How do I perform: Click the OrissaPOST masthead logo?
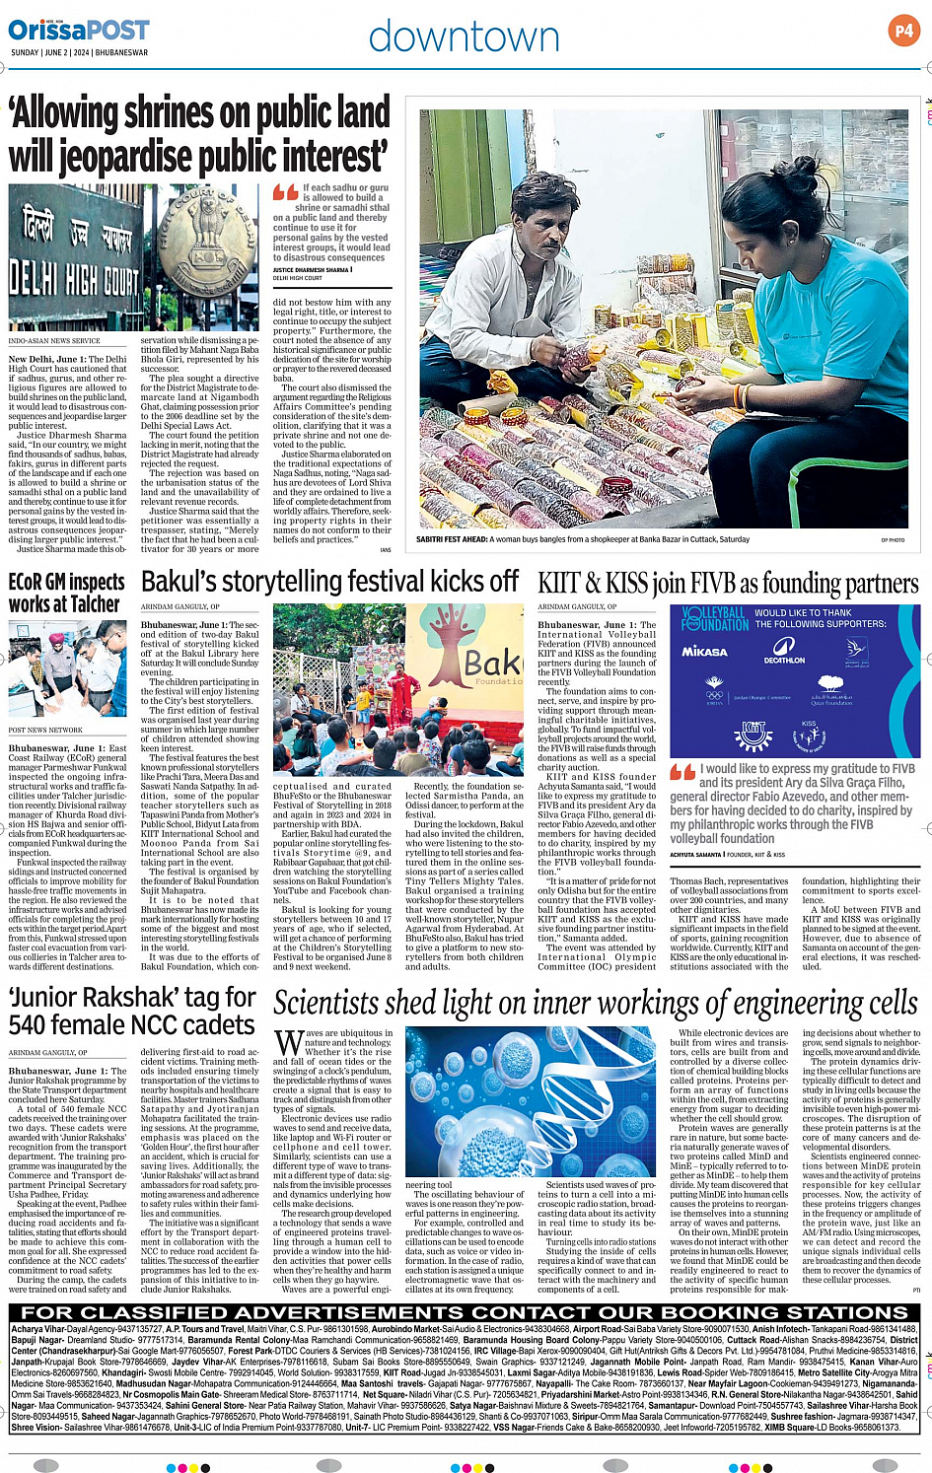click(80, 31)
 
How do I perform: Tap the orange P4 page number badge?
click(902, 31)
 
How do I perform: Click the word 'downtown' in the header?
click(464, 37)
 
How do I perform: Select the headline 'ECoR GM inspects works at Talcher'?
click(65, 593)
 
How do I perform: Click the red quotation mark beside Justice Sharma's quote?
click(285, 192)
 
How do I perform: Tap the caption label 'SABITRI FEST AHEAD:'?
click(458, 539)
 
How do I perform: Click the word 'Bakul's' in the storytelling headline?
click(182, 582)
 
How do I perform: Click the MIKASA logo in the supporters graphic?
click(704, 651)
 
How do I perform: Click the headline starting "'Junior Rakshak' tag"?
click(132, 1011)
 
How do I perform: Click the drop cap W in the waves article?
click(288, 1043)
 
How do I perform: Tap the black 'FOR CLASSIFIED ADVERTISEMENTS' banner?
click(465, 1312)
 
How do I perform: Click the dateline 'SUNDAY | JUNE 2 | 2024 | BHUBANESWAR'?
click(79, 52)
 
